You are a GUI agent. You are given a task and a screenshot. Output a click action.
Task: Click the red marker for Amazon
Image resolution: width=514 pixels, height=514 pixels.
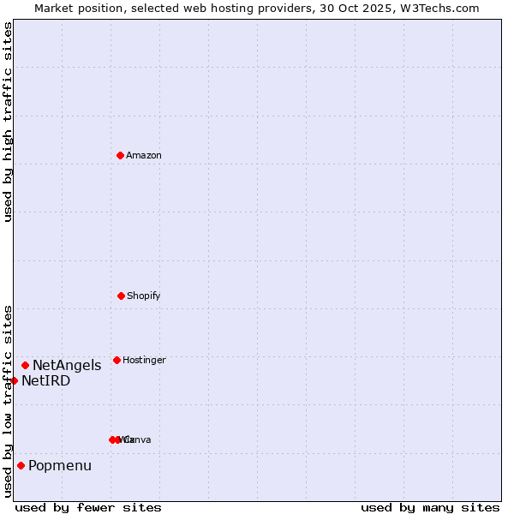coord(120,155)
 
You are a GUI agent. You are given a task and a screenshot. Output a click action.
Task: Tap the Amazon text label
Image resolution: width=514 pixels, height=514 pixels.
coord(144,156)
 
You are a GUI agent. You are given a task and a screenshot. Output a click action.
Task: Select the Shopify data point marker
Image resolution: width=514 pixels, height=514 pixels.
coord(121,296)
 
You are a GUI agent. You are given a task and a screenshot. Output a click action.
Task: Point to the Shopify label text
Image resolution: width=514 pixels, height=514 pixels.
coord(144,296)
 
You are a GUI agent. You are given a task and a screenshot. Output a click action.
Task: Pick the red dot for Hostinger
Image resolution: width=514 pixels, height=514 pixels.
coord(117,360)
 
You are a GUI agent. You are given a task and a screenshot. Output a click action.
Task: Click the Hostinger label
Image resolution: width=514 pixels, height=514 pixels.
coord(144,361)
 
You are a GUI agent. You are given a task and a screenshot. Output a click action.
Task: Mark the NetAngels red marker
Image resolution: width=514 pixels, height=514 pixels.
coord(25,365)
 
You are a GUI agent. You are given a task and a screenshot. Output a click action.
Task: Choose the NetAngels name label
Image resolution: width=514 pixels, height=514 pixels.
coord(67,366)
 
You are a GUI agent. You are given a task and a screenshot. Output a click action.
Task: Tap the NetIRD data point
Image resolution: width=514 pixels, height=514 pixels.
coord(14,380)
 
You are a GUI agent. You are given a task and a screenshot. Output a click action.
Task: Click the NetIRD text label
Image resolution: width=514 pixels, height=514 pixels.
coord(46,381)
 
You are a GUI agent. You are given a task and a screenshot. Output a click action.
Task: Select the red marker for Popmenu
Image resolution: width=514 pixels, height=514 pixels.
coord(21,465)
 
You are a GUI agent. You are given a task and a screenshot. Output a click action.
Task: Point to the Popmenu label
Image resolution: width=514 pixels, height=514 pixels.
coord(60,466)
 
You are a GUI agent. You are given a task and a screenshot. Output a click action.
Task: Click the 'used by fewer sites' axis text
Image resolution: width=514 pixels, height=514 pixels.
coord(88,508)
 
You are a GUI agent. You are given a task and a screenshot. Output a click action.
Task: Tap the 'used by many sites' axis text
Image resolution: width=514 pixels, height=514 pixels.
coord(430,508)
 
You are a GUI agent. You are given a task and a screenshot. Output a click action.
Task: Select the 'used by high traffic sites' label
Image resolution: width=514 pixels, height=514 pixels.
coord(8,122)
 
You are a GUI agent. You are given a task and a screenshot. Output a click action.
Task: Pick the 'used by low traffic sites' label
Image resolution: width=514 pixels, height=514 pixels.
coord(8,401)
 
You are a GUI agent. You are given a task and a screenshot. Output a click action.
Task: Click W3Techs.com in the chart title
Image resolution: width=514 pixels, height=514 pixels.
coord(436,8)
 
